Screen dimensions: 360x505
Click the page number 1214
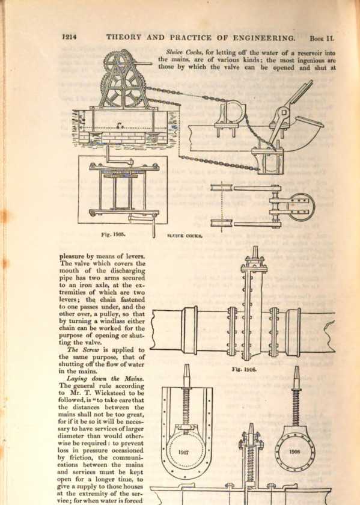pyautogui.click(x=69, y=37)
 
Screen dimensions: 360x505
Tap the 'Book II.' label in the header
pyautogui.click(x=322, y=38)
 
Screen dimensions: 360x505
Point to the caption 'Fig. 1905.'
pyautogui.click(x=114, y=234)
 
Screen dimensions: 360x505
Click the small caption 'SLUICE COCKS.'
pyautogui.click(x=185, y=236)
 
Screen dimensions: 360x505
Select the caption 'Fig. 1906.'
pyautogui.click(x=244, y=369)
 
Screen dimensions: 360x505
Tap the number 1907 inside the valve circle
pyautogui.click(x=183, y=453)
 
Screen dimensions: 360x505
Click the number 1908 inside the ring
pyautogui.click(x=294, y=451)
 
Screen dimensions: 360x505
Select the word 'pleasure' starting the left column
pyautogui.click(x=71, y=257)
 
